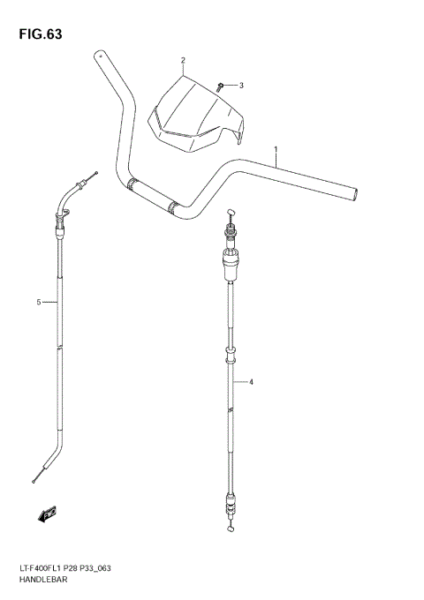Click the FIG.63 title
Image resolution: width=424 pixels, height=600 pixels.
point(37,34)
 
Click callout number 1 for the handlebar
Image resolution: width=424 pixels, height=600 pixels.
point(276,149)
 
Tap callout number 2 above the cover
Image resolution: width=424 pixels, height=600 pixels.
point(182,61)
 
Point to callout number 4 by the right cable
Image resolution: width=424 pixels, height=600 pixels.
point(251,382)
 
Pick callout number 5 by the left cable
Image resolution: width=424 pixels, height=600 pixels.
point(39,303)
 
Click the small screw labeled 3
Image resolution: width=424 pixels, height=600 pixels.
point(220,86)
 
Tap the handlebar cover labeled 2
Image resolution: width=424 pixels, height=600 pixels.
point(196,115)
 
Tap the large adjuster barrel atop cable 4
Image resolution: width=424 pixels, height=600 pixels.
point(231,257)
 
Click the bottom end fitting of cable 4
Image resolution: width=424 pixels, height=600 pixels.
point(231,510)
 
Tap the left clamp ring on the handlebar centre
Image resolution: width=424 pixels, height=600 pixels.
point(132,184)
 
